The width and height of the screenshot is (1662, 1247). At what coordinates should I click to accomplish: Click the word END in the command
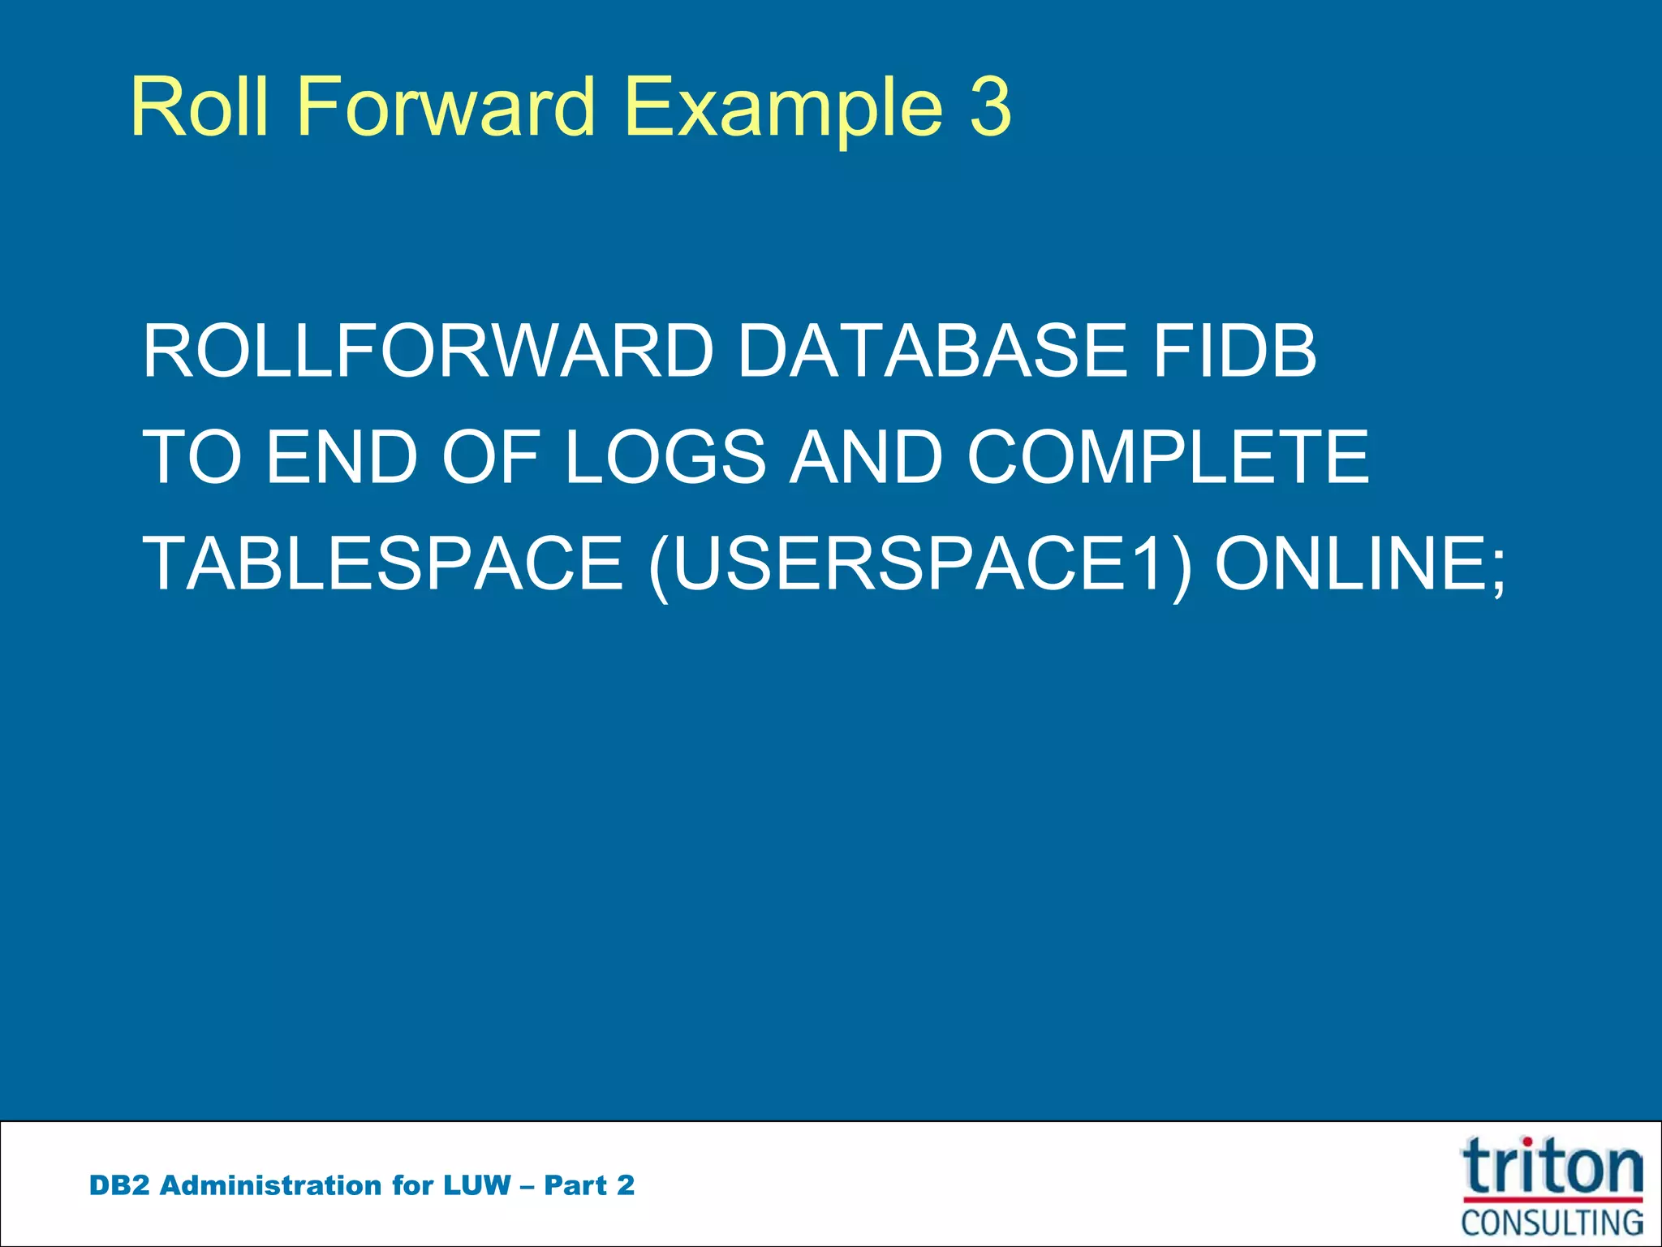click(342, 457)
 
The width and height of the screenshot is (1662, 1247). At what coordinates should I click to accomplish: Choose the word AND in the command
click(866, 457)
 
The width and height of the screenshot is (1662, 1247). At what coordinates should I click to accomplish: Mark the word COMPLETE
click(1168, 457)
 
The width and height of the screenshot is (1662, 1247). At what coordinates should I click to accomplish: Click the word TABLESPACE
click(382, 563)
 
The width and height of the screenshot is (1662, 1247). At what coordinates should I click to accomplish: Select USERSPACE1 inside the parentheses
click(920, 563)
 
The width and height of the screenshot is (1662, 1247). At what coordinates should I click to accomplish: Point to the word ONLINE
click(1350, 563)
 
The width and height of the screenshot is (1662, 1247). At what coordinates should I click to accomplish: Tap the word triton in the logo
click(1552, 1167)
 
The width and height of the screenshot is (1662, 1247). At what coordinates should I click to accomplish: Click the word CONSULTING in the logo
click(1552, 1223)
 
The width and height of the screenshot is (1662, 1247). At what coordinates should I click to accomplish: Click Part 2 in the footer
click(589, 1185)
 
